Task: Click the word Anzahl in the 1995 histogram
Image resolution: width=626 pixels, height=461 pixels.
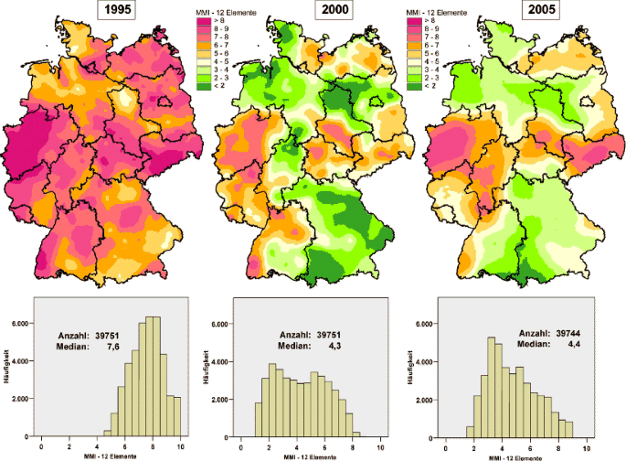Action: click(x=76, y=335)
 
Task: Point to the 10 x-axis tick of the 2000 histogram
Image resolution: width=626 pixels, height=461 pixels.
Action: click(x=380, y=447)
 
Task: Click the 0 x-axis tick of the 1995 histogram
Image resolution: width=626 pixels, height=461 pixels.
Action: click(x=41, y=447)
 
